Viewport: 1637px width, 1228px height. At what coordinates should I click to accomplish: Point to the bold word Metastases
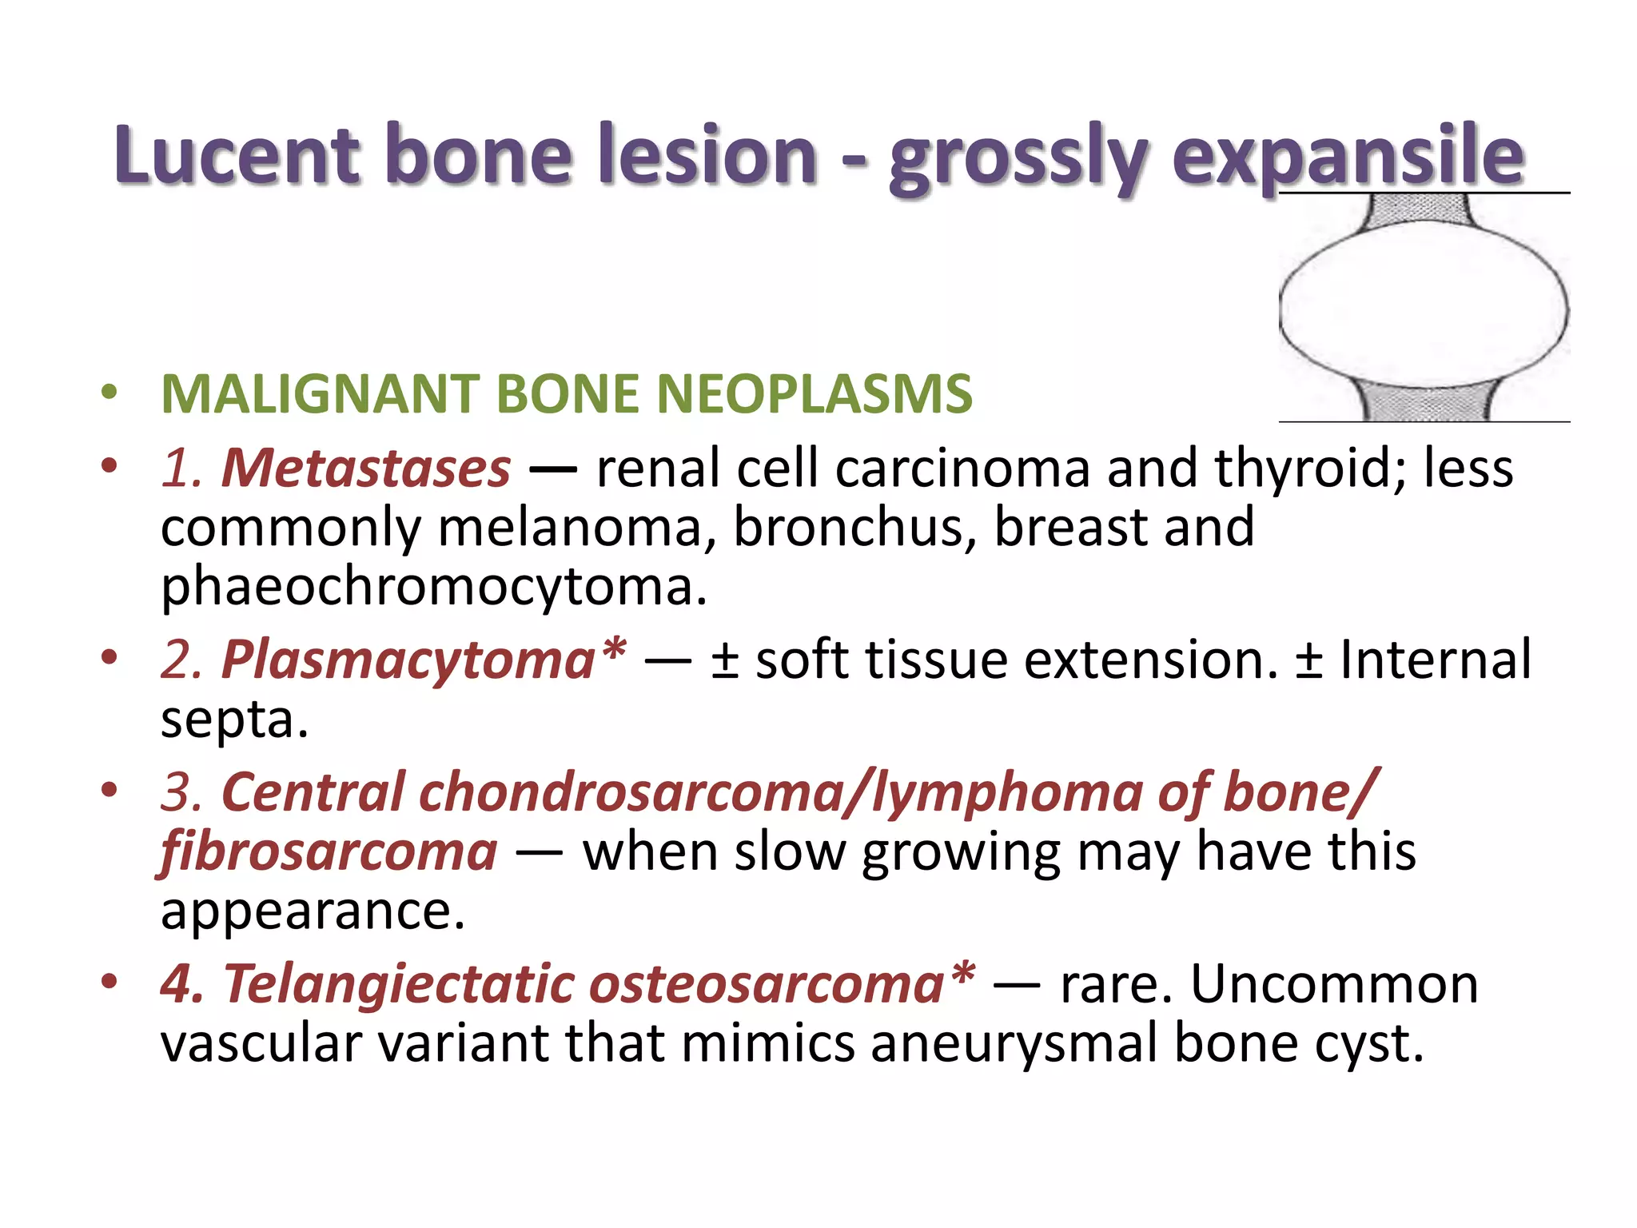click(x=365, y=468)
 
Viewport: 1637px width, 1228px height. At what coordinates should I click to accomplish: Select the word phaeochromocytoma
click(x=433, y=588)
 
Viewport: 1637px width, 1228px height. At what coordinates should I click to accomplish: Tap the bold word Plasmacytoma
click(x=408, y=660)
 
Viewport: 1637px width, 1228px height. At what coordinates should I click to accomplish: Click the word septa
click(x=233, y=720)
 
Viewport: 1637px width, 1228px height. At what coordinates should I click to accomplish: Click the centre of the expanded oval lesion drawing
click(x=1423, y=308)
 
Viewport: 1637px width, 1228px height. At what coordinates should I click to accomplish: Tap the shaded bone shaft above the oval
click(x=1423, y=210)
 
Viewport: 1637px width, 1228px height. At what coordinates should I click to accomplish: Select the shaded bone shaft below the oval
click(x=1423, y=403)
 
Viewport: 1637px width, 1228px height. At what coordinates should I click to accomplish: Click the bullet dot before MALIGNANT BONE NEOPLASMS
click(x=110, y=393)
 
